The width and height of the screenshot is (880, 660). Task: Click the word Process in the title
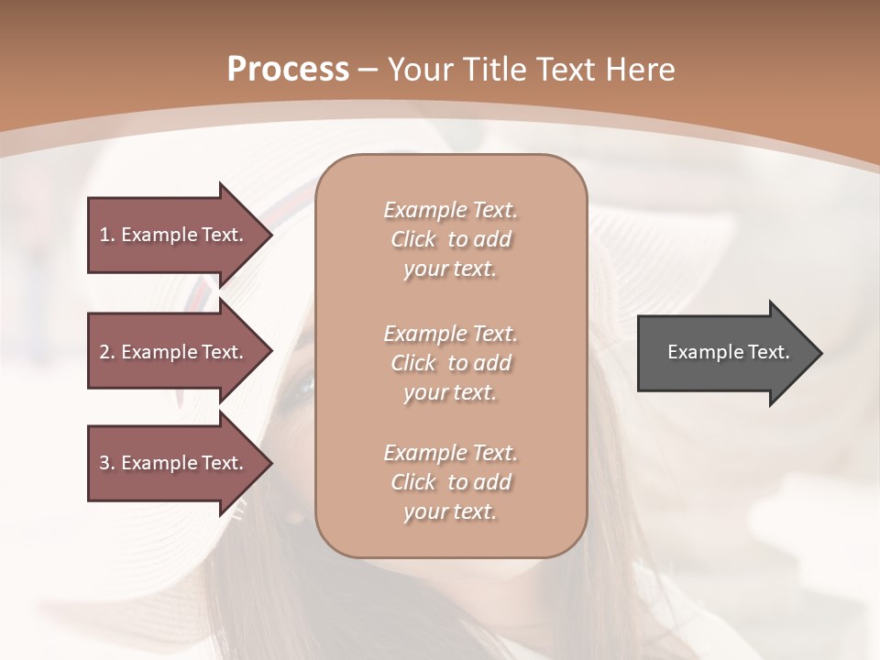click(288, 70)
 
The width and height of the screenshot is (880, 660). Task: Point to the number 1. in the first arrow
click(107, 235)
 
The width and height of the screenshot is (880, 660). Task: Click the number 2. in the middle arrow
click(107, 352)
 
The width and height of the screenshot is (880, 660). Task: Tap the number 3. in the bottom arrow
click(107, 463)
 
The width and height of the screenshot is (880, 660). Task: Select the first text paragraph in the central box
click(450, 239)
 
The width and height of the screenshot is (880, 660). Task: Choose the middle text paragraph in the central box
click(450, 362)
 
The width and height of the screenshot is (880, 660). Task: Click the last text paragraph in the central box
click(450, 482)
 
